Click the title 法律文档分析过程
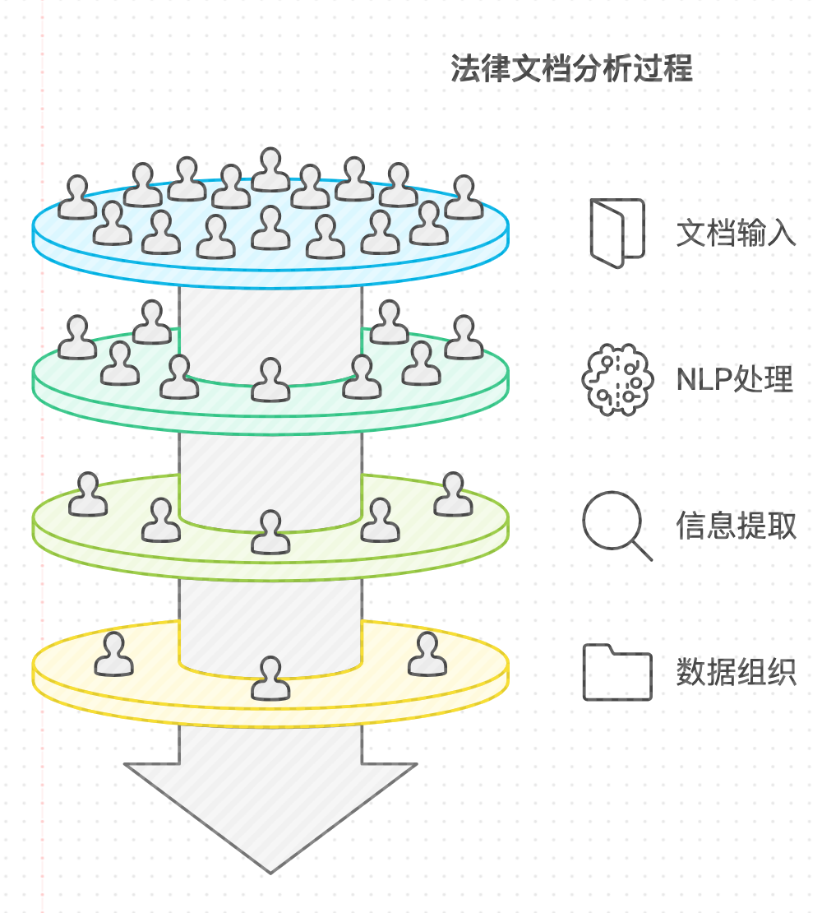tap(571, 69)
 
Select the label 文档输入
tap(736, 233)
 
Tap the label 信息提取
tap(736, 526)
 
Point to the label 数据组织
tap(736, 672)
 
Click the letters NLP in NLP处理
tap(704, 380)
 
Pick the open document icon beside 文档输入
tap(616, 233)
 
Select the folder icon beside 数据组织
tap(616, 673)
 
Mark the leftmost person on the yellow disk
tap(113, 655)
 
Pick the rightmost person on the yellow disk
tap(427, 655)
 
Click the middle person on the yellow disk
tap(270, 679)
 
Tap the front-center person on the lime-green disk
tap(270, 532)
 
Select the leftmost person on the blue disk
tap(77, 198)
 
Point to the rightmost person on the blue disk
tap(464, 198)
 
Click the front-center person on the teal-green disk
tap(270, 381)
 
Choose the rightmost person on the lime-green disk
tap(453, 495)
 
